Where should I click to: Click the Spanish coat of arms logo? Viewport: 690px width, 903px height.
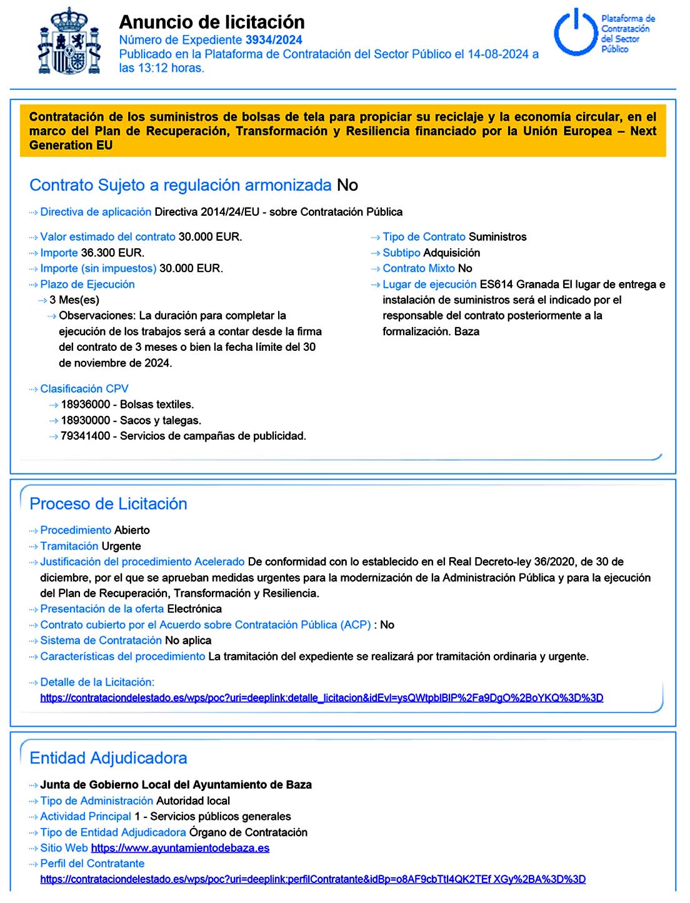69,43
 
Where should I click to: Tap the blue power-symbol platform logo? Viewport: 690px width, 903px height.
576,33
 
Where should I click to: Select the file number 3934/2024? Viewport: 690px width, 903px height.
274,40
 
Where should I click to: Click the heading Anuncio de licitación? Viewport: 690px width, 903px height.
212,22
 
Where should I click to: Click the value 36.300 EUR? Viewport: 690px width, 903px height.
112,253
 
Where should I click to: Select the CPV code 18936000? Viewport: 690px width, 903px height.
86,405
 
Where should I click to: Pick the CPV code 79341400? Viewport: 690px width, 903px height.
86,436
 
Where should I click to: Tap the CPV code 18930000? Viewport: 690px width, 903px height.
86,420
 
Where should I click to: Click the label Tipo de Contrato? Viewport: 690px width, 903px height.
424,237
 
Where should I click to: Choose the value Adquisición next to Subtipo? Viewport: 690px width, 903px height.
452,253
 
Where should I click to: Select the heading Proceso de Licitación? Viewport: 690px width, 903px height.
109,504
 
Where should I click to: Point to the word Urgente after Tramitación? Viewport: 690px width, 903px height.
121,546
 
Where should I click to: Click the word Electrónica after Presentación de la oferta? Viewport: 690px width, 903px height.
194,609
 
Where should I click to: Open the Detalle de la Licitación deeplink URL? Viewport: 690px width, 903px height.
322,698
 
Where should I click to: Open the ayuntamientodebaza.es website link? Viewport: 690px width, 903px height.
180,849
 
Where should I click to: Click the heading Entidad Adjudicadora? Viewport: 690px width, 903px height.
109,758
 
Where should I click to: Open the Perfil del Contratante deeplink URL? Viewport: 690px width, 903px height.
313,879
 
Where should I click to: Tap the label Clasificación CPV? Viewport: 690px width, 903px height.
84,389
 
